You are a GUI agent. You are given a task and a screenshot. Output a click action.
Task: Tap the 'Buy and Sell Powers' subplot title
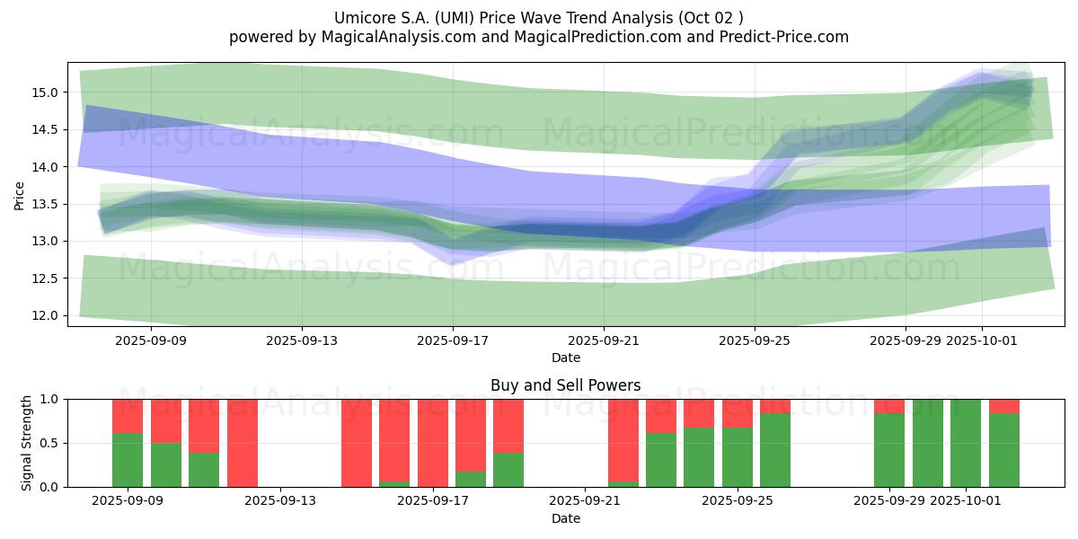point(565,385)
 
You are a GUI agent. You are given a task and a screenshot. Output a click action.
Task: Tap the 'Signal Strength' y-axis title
point(26,443)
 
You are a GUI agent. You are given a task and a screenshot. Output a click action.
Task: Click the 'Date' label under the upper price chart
point(565,358)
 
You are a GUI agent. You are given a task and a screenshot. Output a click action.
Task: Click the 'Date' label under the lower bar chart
point(565,518)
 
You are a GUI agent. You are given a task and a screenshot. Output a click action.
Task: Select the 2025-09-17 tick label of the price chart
point(453,340)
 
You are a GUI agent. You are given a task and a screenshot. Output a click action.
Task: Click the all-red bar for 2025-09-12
point(243,443)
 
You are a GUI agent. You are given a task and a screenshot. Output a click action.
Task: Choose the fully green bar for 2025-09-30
point(928,443)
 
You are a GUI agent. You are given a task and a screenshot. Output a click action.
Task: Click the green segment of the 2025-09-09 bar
point(128,460)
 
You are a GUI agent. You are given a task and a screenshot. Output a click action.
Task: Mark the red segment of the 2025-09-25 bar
point(738,413)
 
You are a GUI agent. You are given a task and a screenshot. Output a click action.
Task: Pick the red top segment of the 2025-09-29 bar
point(889,406)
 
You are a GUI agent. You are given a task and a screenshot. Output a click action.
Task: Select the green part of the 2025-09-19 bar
point(508,470)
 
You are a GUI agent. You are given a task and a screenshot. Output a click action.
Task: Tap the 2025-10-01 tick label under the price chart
point(982,340)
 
